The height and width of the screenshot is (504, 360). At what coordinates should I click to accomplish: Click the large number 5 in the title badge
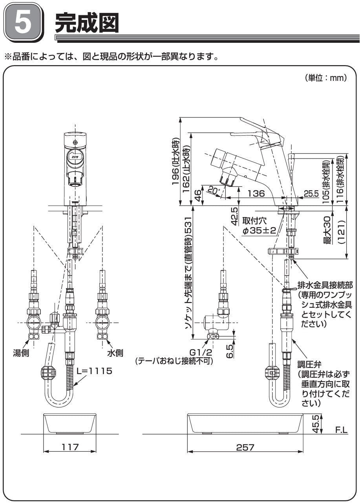(23, 23)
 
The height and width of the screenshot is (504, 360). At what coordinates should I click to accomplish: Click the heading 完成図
(87, 23)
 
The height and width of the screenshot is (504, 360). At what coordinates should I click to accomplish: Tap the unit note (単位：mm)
(325, 78)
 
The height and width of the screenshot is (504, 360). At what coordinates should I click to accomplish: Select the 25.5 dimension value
(311, 194)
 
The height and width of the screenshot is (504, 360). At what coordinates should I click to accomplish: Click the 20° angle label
(212, 191)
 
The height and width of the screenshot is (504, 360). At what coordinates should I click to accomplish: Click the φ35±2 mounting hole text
(259, 230)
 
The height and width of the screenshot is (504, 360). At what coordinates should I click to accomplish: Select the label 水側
(115, 353)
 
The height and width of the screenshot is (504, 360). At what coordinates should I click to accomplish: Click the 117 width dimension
(70, 447)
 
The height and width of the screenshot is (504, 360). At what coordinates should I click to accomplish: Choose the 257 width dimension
(245, 447)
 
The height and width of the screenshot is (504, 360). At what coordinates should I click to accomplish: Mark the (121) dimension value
(342, 233)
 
